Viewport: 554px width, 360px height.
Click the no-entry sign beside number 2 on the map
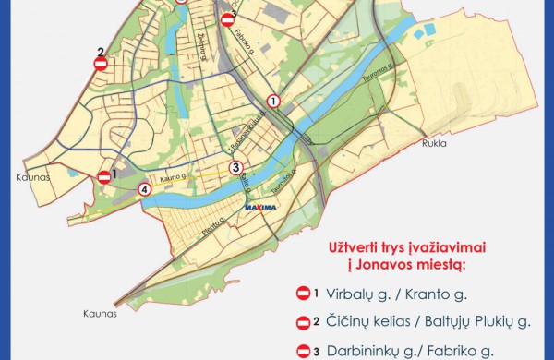101,64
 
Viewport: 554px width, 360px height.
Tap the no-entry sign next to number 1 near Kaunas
105,176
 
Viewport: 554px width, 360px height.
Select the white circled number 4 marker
143,189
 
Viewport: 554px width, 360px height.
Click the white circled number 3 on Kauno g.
235,167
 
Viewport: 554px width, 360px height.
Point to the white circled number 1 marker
272,101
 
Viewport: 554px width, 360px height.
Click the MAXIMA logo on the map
259,209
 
